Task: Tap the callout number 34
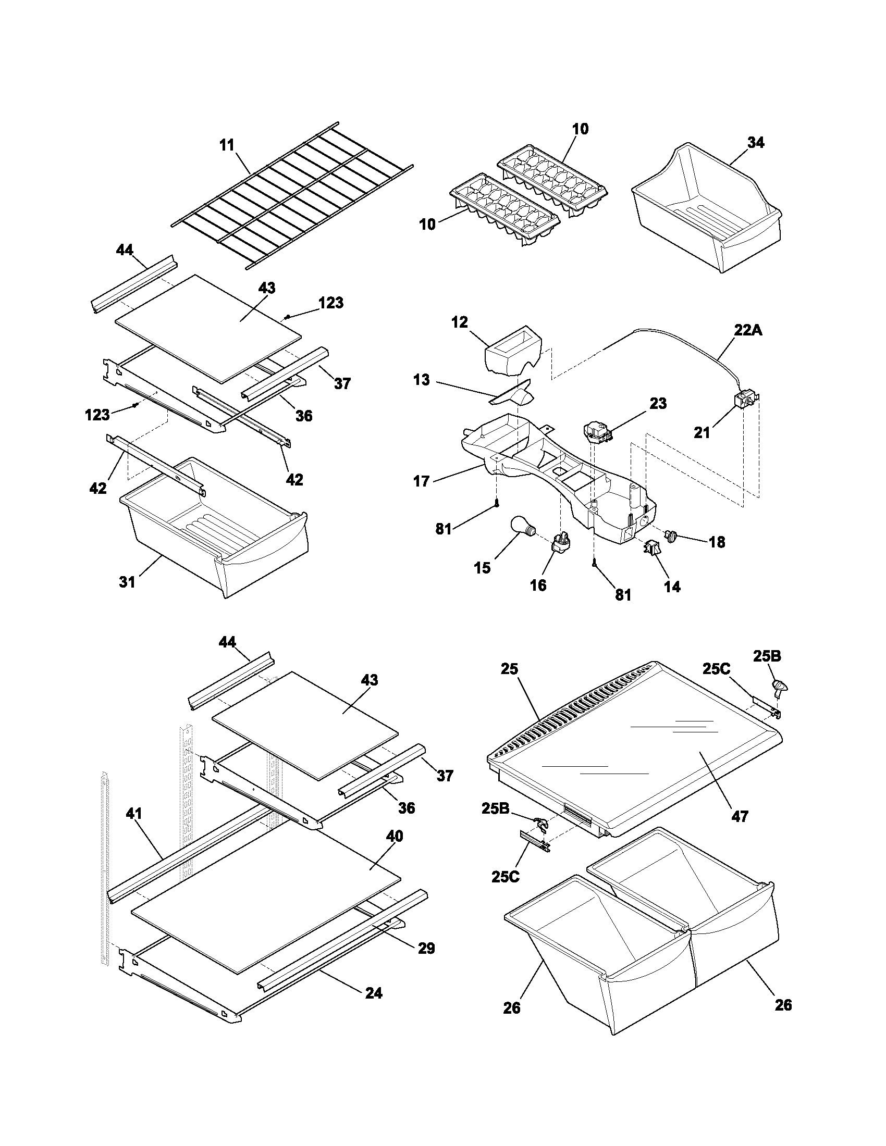point(755,143)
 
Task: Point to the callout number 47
point(740,816)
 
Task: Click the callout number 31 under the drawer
point(127,582)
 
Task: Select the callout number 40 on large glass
point(394,836)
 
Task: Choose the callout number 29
point(426,948)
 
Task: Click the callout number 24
point(374,993)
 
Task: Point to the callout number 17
point(422,481)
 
